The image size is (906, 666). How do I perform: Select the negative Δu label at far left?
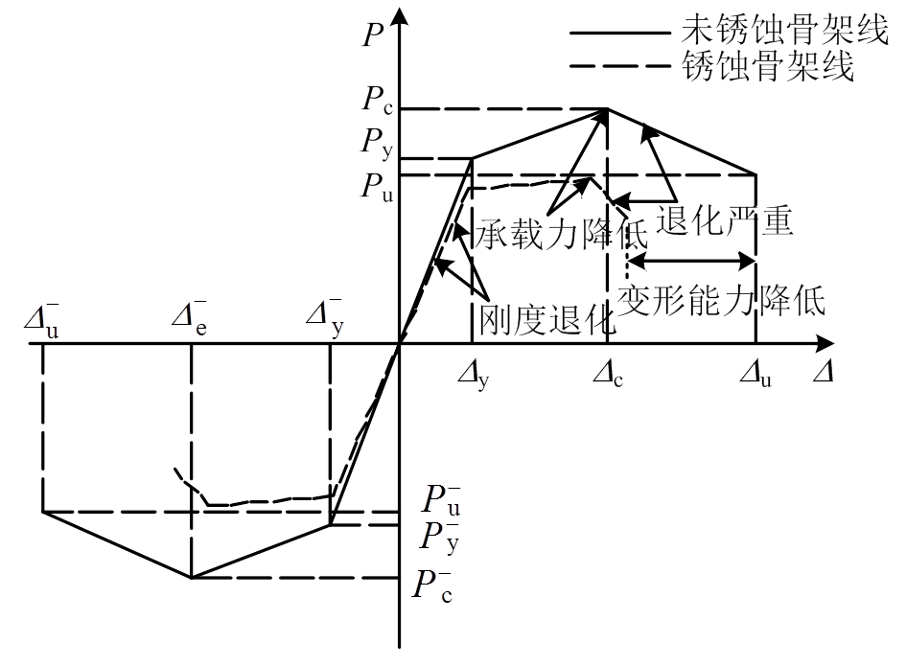[x=42, y=320]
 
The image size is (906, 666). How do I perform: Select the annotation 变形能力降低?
[x=721, y=300]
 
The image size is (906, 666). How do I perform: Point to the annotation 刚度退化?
[x=543, y=317]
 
